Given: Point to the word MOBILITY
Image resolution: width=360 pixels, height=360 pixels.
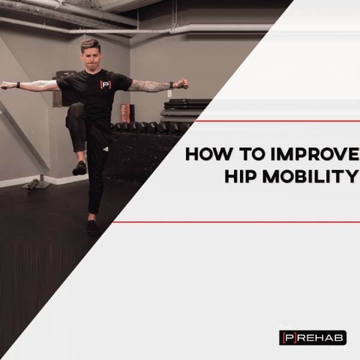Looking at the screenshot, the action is [x=311, y=176].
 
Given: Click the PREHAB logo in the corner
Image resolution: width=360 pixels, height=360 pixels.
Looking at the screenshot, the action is [x=313, y=337].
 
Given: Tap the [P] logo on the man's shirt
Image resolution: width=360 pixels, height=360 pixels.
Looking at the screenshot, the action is [x=106, y=85].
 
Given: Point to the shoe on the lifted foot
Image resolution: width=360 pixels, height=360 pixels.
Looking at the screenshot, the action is [x=80, y=168].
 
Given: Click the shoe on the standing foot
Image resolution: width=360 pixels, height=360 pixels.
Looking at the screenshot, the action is [x=93, y=228].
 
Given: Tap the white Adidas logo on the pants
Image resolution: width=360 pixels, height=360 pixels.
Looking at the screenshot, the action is [x=106, y=149].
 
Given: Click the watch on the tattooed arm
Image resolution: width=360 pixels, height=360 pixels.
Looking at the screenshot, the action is [x=171, y=85].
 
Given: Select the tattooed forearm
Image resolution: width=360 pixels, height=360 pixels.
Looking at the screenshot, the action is [x=152, y=86].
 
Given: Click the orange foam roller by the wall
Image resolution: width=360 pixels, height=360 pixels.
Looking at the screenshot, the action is [x=124, y=113].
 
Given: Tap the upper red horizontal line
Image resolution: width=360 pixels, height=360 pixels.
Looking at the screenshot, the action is [x=277, y=121].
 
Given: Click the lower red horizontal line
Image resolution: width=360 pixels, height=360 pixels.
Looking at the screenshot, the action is [x=236, y=222].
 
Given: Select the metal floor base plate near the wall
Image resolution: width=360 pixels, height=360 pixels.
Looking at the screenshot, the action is [x=36, y=185].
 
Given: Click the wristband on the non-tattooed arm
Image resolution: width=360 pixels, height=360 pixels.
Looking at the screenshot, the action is [x=18, y=85].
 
